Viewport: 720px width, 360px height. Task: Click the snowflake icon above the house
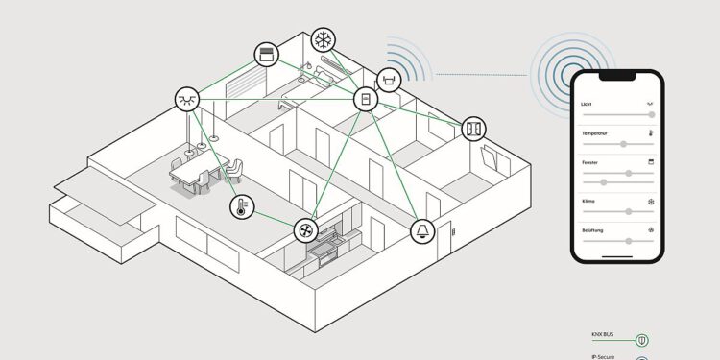coord(324,41)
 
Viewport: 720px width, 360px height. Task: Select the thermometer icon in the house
coord(239,206)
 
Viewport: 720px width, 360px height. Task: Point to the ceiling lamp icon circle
coord(187,99)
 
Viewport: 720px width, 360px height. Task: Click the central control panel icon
coord(366,99)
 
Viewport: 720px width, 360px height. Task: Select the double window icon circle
coord(474,128)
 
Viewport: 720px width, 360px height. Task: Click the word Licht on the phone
coord(588,103)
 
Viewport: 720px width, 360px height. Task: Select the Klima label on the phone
coord(588,201)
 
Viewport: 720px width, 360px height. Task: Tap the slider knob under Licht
coord(653,114)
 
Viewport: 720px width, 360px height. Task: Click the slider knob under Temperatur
coord(623,144)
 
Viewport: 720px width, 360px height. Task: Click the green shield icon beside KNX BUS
coord(640,338)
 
